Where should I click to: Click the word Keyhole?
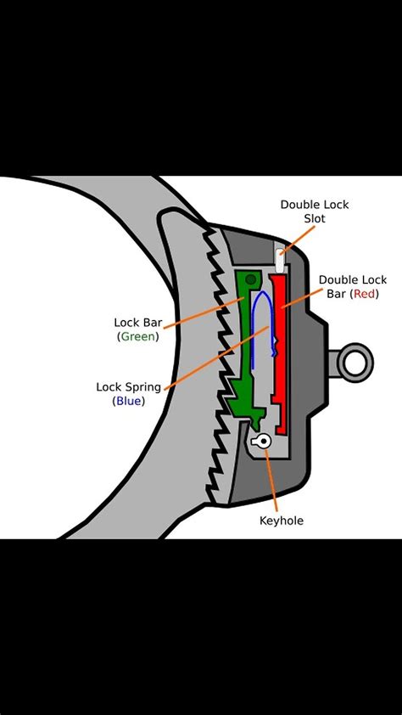(281, 520)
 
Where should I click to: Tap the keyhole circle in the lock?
(264, 440)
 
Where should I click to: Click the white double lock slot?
(277, 251)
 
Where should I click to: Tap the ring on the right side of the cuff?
(355, 363)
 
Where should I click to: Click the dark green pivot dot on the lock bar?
(250, 280)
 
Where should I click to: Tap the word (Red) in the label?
(365, 294)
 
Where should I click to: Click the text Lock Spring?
(129, 386)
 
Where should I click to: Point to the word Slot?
(314, 219)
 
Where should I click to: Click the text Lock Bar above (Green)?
(137, 322)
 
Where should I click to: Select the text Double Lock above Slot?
(315, 205)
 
